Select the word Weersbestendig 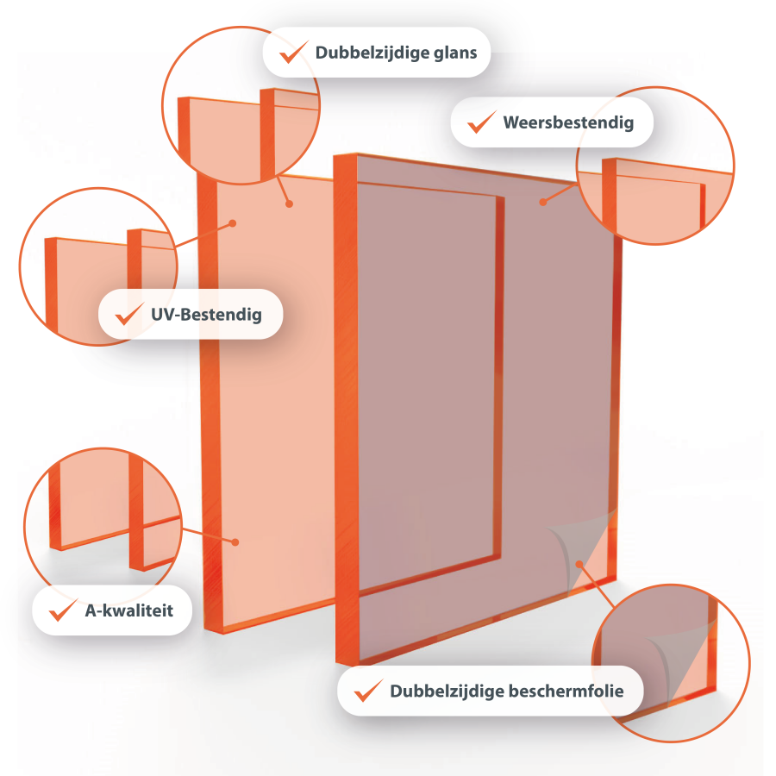(568, 122)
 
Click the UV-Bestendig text (206, 315)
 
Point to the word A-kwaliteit (129, 610)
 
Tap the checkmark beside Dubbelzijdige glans (294, 52)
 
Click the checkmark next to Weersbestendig (482, 122)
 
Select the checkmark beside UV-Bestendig (129, 314)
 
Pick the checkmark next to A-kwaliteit (63, 610)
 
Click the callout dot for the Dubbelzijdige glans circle (290, 203)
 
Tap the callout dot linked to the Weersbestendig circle (543, 202)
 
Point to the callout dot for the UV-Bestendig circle (233, 223)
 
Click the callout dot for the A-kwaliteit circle (235, 542)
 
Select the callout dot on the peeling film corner (579, 564)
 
